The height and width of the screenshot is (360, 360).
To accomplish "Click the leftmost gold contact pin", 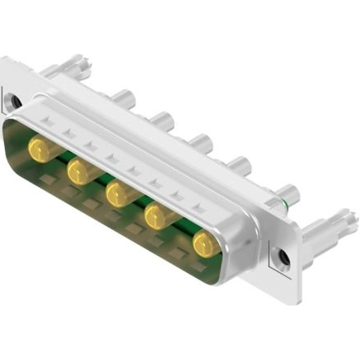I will [38, 148].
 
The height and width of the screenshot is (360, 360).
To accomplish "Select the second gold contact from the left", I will [79, 171].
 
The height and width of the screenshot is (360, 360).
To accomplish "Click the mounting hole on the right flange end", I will [283, 258].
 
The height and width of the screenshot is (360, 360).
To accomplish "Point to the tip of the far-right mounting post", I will [350, 216].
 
